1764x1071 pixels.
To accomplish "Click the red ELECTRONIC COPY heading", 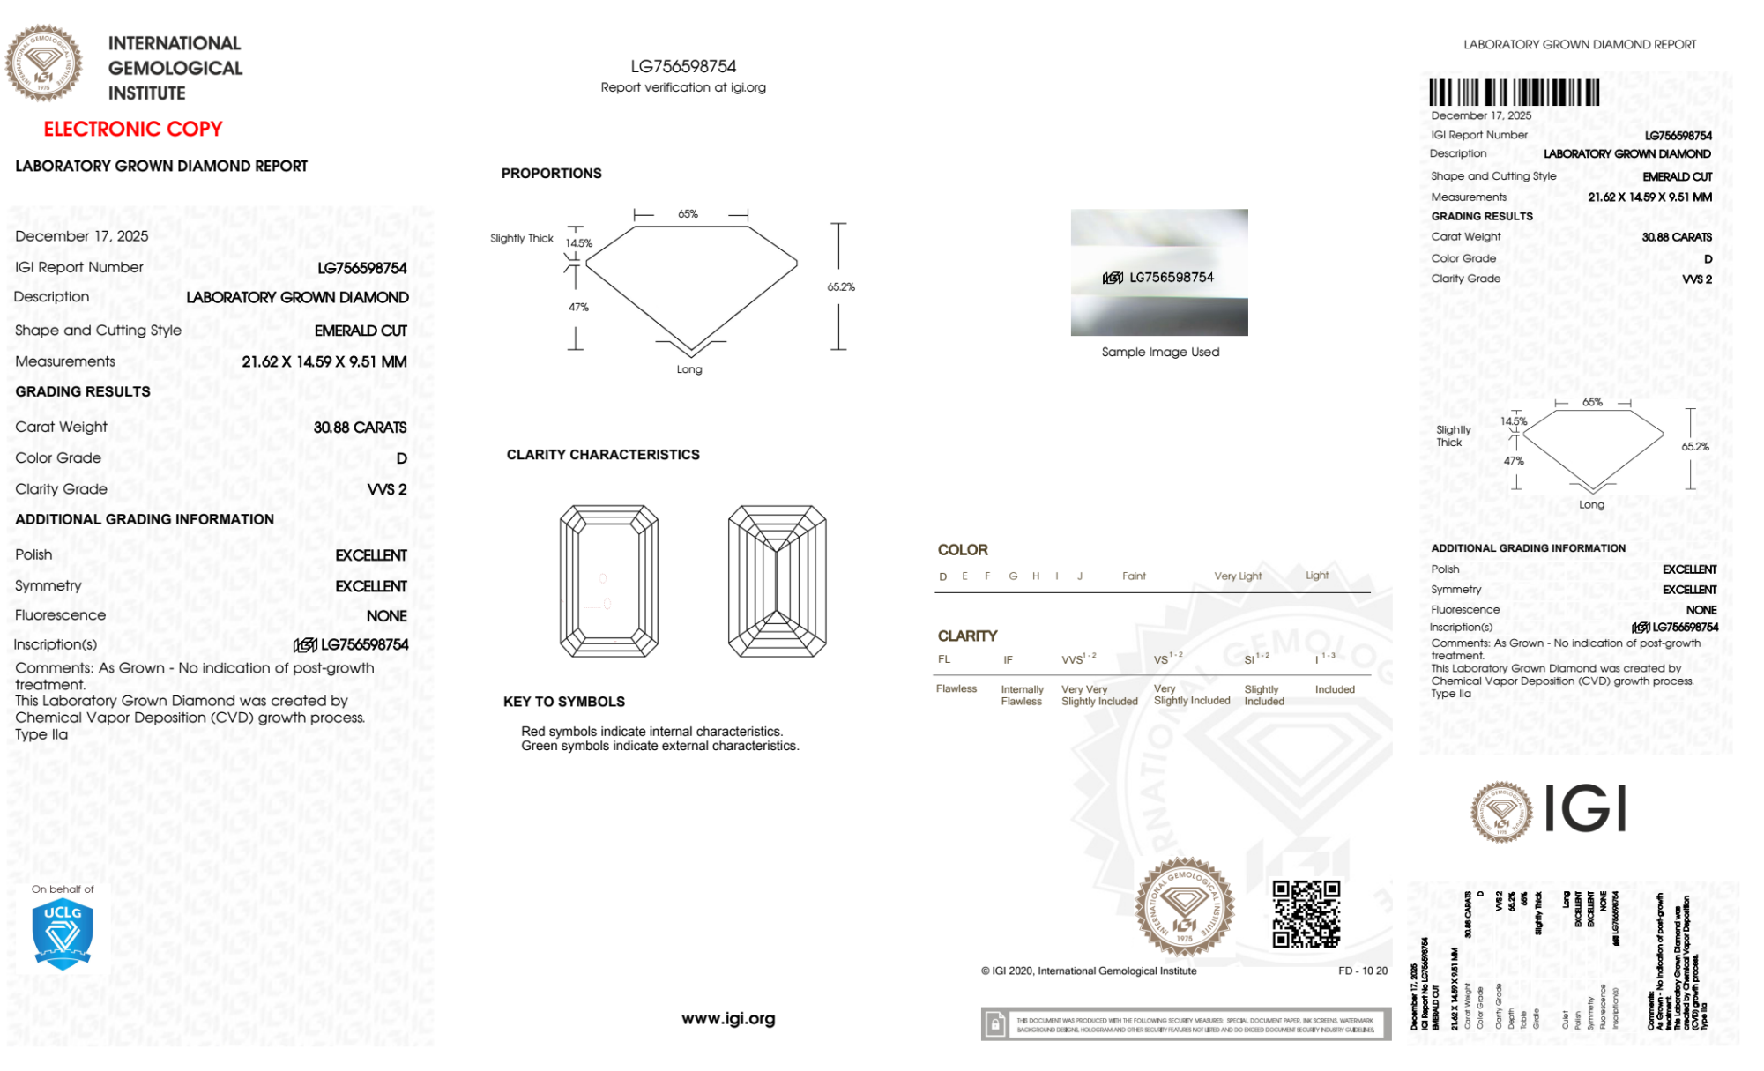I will coord(133,130).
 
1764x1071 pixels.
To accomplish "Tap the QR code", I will coord(1306,914).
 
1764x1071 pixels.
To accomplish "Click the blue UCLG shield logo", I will coord(63,934).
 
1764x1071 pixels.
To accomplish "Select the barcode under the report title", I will coord(1514,93).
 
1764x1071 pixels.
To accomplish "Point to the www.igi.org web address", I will coord(728,1019).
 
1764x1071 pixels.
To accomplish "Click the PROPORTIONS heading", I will coord(551,174).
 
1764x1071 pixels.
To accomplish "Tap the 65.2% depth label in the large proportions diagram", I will coord(841,287).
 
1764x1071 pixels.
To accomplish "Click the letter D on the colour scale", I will coord(943,576).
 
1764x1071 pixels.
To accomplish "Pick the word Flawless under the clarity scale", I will coord(956,689).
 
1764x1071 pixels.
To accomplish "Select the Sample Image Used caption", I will coord(1160,353).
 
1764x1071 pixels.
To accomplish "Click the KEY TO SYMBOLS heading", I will coord(563,702).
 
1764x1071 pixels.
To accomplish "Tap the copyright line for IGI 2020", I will coord(1089,971).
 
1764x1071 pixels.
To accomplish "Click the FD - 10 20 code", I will coord(1362,971).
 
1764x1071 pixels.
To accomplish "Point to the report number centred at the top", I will coord(683,67).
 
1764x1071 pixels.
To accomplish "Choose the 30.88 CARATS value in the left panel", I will coord(360,428).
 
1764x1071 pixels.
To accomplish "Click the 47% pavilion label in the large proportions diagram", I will coord(578,308).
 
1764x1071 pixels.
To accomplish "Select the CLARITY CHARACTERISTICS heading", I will coord(603,455).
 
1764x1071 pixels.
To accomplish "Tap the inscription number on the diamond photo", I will coord(1171,278).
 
